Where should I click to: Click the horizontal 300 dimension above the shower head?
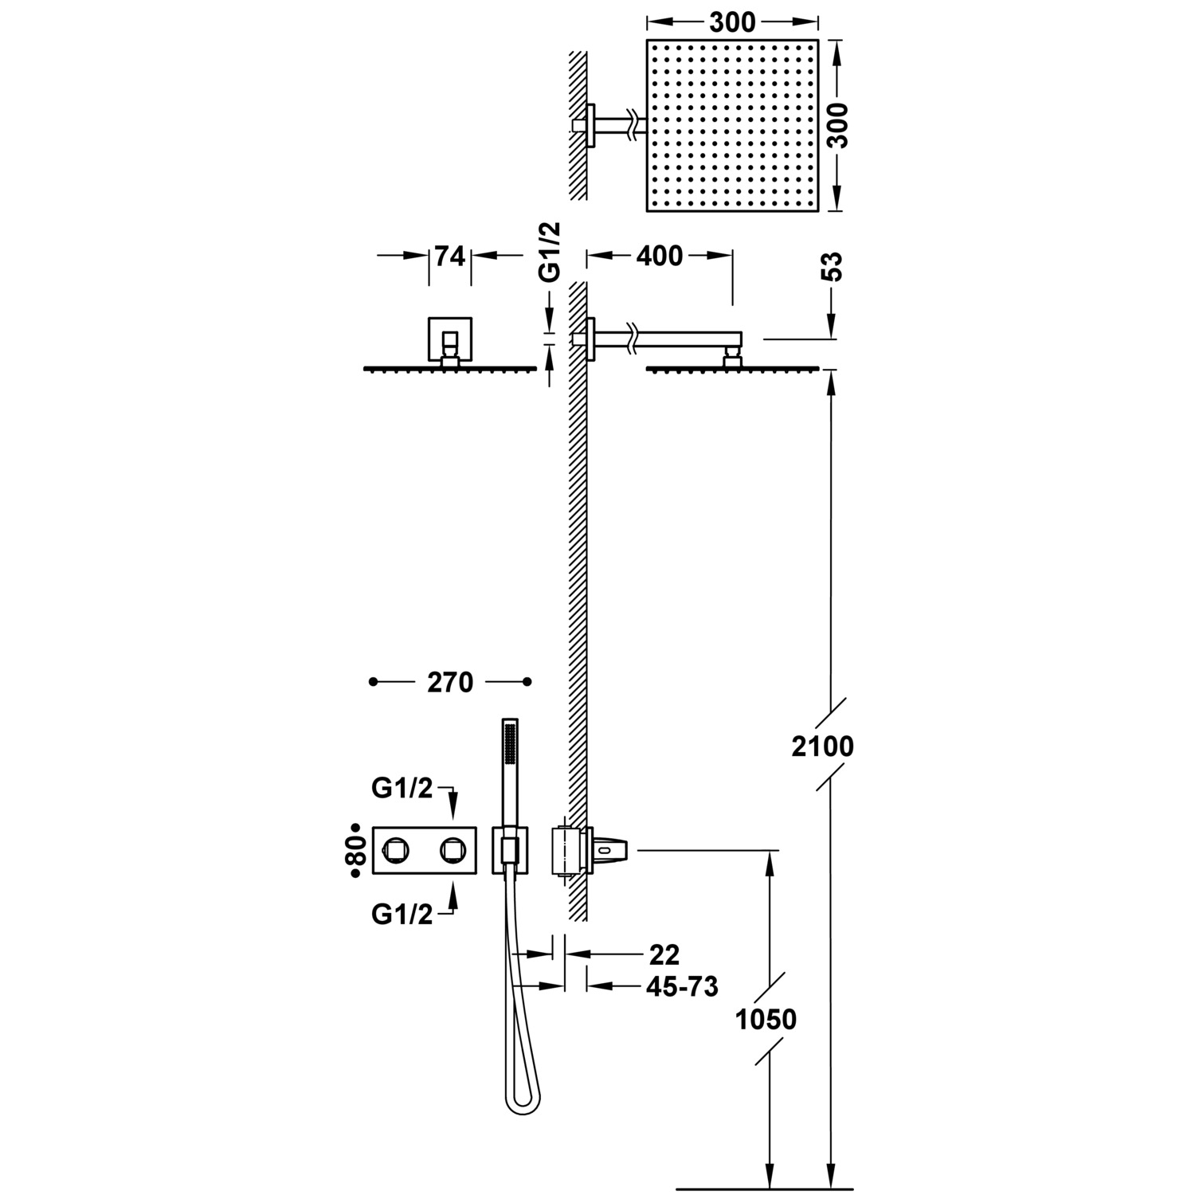point(731,22)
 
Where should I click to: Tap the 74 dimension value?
point(449,256)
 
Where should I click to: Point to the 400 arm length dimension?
point(660,256)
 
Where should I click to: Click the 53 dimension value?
point(832,267)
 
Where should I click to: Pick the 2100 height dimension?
point(822,746)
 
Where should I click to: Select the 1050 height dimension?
point(766,1019)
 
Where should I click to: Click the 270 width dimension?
point(450,683)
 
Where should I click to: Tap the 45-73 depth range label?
point(681,987)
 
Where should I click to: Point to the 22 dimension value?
point(664,954)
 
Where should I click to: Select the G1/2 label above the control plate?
point(402,788)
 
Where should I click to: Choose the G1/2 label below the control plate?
point(402,915)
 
